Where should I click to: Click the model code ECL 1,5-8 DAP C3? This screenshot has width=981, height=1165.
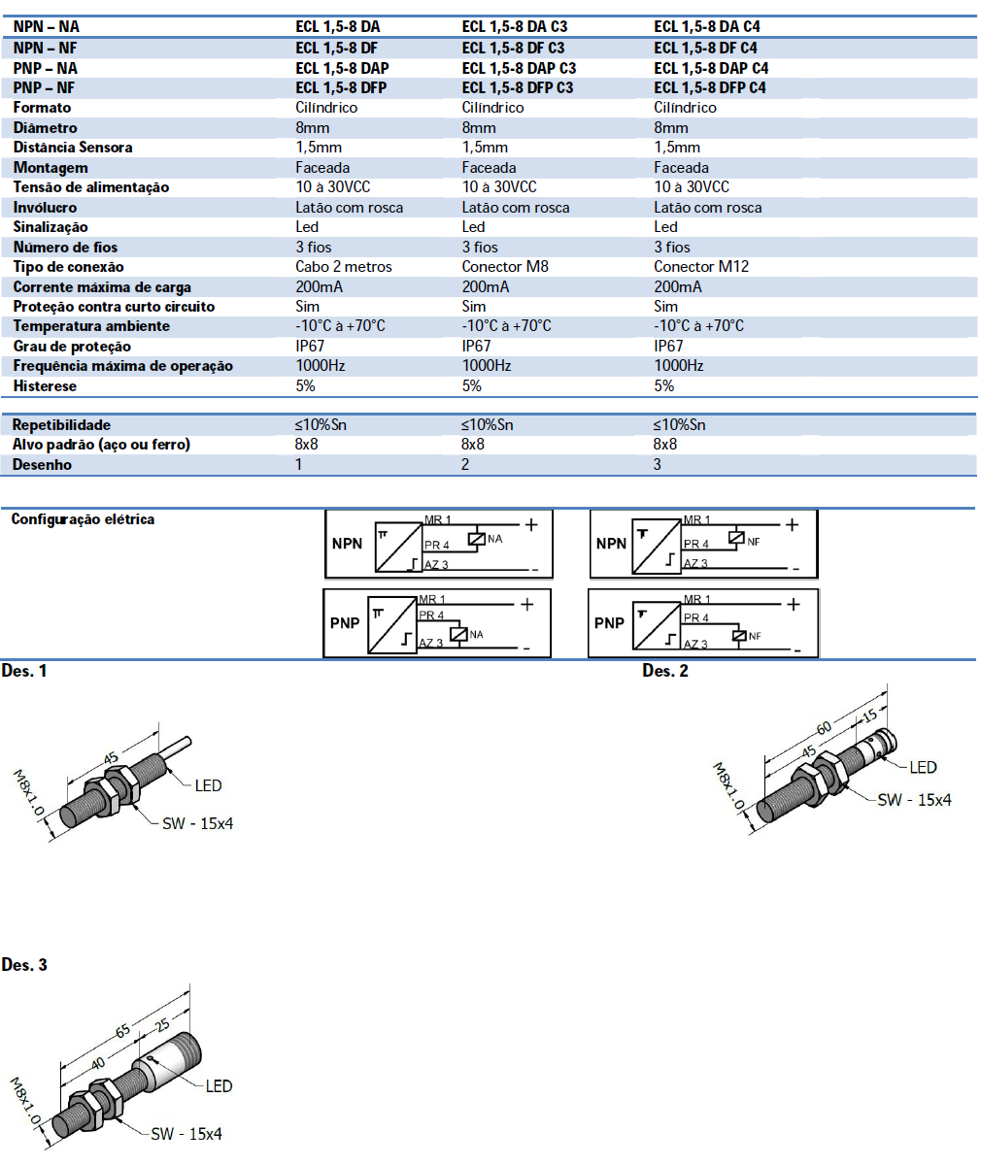coord(519,68)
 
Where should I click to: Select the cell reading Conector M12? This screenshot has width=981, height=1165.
coord(701,266)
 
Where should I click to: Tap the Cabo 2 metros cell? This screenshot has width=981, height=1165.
coord(344,266)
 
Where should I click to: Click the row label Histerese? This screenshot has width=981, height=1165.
coord(45,385)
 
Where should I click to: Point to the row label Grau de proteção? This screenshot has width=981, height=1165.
coord(72,346)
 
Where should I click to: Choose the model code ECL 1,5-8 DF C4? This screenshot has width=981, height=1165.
coord(705,48)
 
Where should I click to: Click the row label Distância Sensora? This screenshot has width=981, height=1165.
coord(73,148)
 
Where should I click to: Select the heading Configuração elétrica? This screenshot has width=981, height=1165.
coord(83,519)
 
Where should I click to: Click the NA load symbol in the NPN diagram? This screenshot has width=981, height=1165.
coord(476,539)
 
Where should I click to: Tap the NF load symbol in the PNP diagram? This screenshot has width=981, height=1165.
coord(740,636)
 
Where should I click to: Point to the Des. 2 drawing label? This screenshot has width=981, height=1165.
coord(664,671)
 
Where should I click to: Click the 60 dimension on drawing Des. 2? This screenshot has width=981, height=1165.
coord(824,729)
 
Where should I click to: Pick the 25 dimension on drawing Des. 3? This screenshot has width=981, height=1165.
coord(161,1024)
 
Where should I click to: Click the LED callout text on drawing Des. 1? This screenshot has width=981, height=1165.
coord(208,785)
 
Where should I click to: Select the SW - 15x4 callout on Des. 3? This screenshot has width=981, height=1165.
coord(186,1133)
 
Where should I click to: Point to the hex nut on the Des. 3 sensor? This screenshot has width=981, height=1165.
coord(101,1106)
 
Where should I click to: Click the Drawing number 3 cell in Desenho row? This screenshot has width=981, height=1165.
coord(658,464)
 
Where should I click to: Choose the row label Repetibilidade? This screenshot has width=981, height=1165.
coord(61,424)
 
